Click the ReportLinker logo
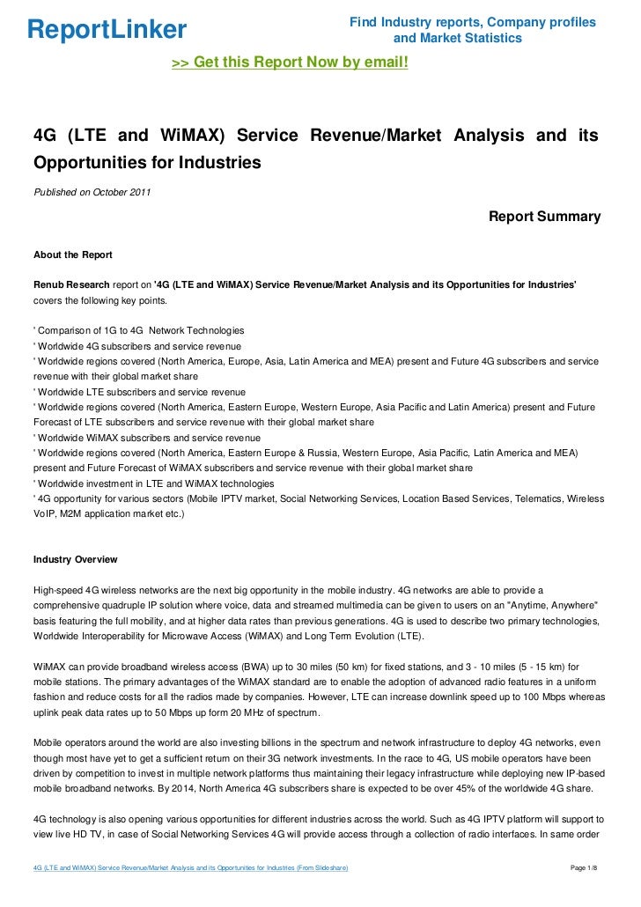click(x=107, y=30)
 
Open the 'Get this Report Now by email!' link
click(x=290, y=63)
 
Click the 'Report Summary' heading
click(x=544, y=217)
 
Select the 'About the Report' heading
click(x=72, y=255)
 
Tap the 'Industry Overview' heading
click(x=75, y=560)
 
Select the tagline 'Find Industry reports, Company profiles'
click(x=472, y=21)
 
